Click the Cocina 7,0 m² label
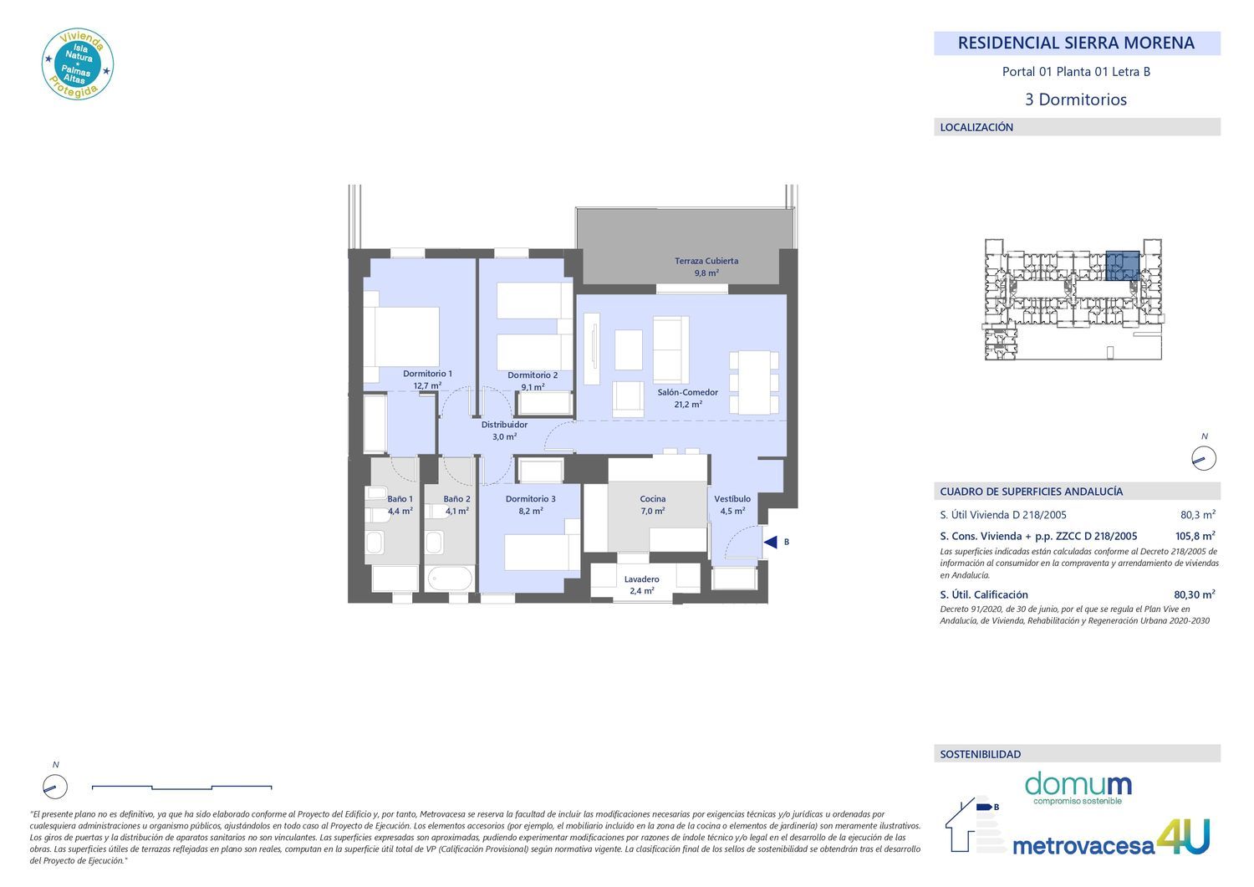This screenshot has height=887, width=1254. (653, 505)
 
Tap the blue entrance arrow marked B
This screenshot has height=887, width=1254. (771, 542)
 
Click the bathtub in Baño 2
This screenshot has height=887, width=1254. (450, 579)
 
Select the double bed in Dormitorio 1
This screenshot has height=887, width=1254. (401, 337)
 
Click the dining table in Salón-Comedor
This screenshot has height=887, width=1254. (753, 382)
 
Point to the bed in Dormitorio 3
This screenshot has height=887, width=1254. (543, 552)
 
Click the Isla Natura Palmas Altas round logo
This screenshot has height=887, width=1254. (78, 64)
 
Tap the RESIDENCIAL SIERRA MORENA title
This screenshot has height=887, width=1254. (1076, 43)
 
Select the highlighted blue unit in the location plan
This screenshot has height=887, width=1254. (1123, 265)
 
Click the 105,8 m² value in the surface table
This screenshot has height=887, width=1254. (1195, 536)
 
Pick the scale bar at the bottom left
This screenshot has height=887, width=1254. (182, 788)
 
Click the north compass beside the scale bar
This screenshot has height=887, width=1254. (55, 787)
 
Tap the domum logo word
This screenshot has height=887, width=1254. (1078, 784)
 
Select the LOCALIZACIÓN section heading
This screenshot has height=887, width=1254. (976, 127)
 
